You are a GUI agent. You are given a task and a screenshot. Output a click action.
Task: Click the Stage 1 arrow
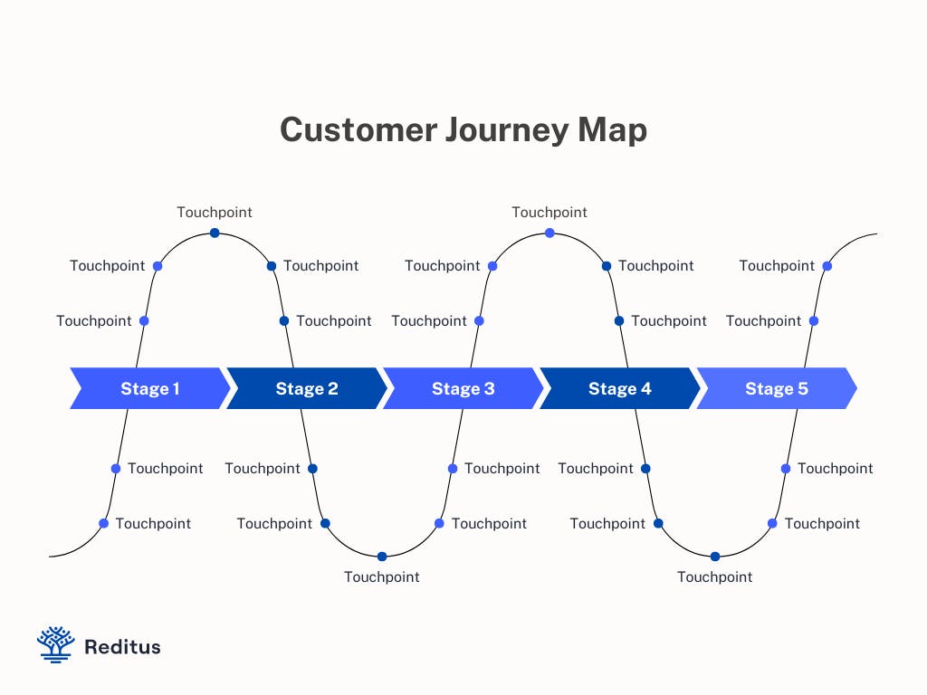(150, 388)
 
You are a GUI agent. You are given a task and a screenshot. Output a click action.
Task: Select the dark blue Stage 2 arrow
(307, 388)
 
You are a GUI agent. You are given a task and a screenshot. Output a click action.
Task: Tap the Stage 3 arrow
(463, 388)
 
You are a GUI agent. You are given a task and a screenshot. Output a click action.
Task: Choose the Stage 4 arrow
(620, 388)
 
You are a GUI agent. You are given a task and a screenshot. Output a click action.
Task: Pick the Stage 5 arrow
(777, 388)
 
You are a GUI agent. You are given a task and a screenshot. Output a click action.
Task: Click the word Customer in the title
(358, 130)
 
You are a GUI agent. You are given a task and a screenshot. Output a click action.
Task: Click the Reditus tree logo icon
(55, 644)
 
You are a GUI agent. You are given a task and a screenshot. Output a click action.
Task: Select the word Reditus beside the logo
(122, 647)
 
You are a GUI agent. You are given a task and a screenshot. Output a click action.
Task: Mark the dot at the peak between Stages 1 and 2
(215, 233)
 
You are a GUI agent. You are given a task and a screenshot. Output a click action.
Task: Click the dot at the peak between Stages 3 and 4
(550, 233)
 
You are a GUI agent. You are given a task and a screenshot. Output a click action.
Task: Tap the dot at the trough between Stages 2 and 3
(382, 557)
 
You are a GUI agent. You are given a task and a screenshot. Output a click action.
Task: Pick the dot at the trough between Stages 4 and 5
(715, 557)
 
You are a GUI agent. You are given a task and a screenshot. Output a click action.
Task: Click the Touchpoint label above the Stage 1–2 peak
(215, 213)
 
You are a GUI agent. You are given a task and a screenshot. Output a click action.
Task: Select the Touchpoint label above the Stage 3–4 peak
(550, 213)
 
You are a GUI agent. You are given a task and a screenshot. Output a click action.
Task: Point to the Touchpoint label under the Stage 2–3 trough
(382, 577)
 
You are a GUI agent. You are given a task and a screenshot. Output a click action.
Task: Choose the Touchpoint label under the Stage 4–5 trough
(715, 577)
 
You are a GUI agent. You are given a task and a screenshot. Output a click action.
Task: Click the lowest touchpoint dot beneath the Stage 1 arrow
(103, 523)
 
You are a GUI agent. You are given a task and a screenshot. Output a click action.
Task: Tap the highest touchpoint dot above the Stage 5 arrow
(827, 266)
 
